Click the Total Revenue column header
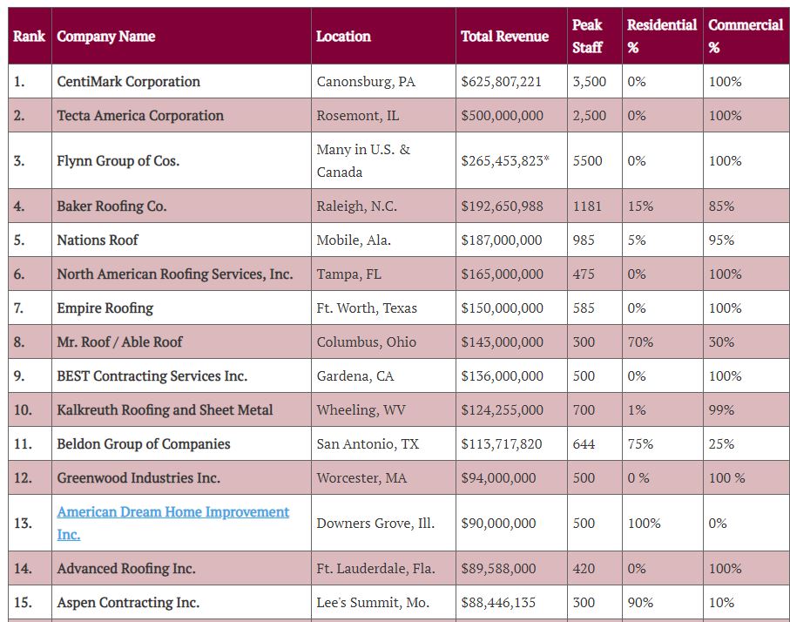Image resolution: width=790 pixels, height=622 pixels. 504,37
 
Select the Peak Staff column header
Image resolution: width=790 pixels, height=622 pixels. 586,37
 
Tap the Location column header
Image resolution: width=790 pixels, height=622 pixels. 343,37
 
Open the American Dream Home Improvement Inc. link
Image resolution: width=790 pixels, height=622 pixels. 172,523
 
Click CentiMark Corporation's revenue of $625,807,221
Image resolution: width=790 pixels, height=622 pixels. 501,82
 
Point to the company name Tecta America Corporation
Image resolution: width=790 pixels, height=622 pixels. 140,116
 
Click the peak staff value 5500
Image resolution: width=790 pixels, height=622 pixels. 586,161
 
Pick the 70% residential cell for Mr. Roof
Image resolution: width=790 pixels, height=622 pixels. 640,342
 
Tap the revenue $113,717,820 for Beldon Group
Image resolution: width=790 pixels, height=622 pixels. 501,444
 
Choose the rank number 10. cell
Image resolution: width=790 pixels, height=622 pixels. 23,410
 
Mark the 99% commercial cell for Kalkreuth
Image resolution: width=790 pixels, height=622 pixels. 721,410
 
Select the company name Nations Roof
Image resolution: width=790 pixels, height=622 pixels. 98,240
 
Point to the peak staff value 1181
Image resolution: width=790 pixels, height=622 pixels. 587,206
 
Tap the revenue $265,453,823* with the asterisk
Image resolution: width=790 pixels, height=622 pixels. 505,161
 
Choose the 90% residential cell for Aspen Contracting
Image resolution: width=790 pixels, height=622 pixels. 640,603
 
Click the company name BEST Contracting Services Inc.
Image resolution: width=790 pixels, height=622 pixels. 152,376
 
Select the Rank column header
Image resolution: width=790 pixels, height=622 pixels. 30,37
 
